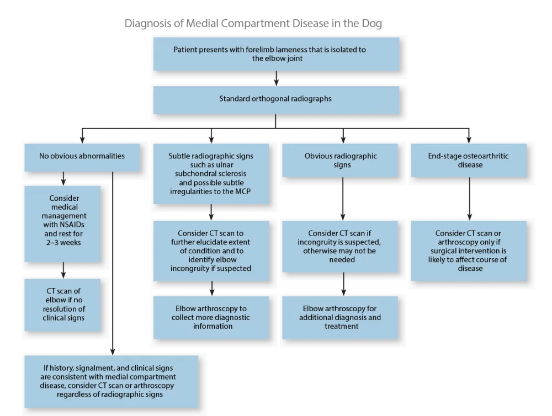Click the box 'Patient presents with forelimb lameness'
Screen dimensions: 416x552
275,54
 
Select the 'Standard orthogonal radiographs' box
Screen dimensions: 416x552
275,100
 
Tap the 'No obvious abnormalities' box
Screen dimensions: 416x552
82,156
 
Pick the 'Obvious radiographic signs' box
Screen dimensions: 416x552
341,161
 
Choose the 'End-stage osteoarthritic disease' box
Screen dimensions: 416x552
469,161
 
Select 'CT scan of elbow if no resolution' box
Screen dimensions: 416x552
63,305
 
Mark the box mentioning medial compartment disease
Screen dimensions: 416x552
111,381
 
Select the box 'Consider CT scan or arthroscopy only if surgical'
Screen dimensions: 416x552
469,250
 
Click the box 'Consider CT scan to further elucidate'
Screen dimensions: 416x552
211,250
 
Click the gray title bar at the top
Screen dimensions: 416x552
253,24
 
